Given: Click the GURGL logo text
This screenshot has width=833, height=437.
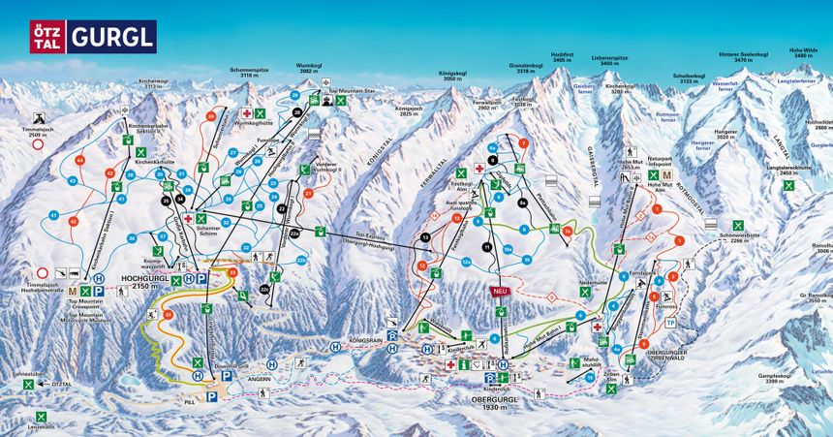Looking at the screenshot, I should click(111, 37).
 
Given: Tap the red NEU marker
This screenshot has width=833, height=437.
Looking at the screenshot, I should click(501, 290).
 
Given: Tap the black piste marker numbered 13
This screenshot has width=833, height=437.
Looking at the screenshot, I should click(425, 236).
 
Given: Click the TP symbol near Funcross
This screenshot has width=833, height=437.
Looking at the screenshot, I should click(670, 323).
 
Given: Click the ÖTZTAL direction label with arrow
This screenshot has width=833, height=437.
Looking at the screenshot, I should click(60, 385).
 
